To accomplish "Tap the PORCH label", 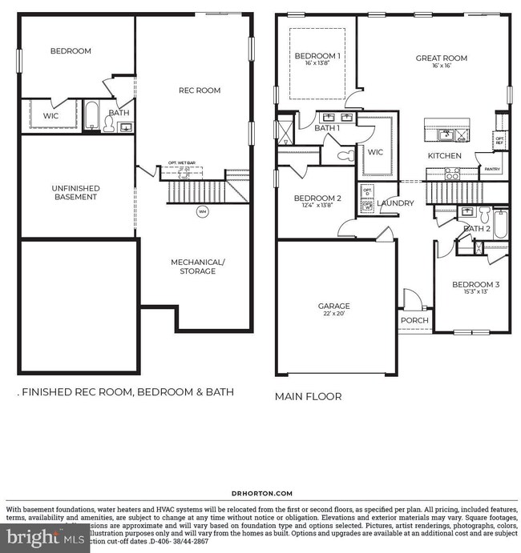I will [414, 321].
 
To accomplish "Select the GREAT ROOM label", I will [441, 58].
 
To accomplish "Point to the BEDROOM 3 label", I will [475, 285].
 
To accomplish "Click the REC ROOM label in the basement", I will [199, 90].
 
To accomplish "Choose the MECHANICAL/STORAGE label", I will [197, 266].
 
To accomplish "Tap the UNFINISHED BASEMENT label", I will [75, 192].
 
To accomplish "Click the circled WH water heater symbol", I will [202, 212].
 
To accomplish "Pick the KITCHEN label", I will [444, 156].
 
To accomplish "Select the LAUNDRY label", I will [395, 203].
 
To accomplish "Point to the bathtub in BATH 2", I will [500, 223].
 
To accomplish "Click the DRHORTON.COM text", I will [261, 494].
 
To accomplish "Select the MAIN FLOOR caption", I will [309, 396].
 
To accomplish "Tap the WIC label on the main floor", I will [375, 150].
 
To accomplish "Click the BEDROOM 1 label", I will [317, 56].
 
